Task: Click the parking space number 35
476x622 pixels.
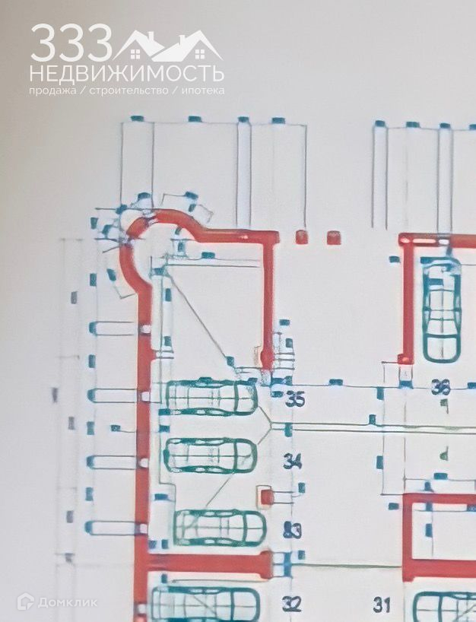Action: [294, 398]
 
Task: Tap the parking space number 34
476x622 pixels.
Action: [293, 460]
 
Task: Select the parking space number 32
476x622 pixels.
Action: [292, 605]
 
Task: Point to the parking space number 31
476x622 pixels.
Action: [382, 605]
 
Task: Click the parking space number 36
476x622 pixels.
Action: [441, 388]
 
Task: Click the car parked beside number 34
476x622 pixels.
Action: [210, 455]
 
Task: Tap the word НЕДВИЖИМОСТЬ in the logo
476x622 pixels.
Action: [126, 74]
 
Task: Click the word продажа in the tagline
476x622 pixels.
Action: [52, 90]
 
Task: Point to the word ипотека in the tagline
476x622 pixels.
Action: [203, 90]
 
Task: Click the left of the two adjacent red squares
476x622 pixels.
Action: [302, 237]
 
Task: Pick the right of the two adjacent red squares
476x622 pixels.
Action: [332, 238]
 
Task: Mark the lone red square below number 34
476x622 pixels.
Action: [266, 497]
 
